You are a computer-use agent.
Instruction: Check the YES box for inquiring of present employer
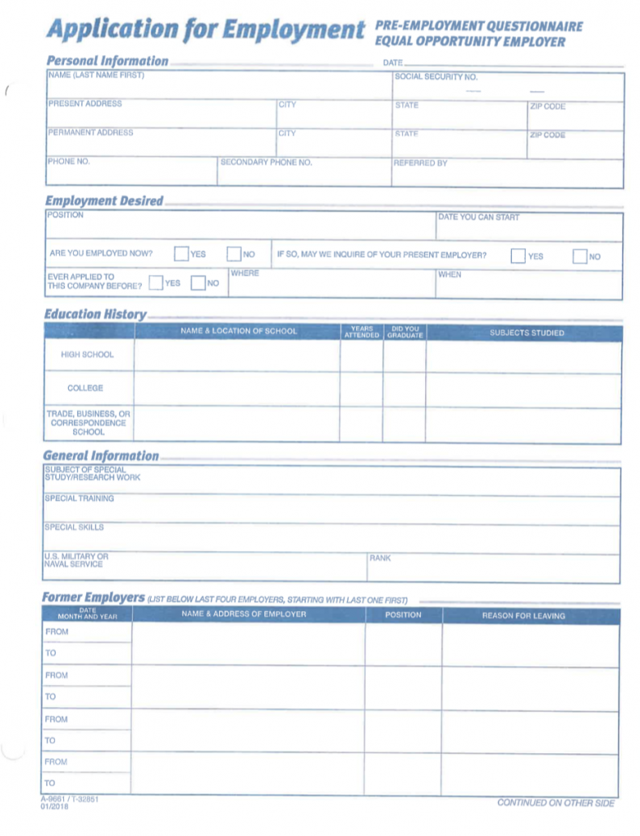[518, 256]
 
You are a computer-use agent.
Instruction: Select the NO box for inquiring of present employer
[579, 256]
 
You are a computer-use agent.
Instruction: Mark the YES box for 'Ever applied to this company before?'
[156, 283]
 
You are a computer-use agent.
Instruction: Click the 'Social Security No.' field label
[436, 76]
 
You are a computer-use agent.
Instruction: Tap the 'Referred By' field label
[420, 163]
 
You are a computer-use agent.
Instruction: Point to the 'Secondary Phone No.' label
[266, 162]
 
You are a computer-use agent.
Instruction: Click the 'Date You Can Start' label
[479, 218]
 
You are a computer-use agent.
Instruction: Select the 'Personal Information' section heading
[107, 61]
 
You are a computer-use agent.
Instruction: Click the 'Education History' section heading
[95, 314]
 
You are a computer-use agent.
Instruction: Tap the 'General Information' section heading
[101, 456]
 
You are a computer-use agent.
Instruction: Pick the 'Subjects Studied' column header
[526, 333]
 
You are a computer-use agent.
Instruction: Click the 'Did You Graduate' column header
[405, 332]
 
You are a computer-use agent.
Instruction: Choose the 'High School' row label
[88, 355]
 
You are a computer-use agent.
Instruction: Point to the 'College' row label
[85, 388]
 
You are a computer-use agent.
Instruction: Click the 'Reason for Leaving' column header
[523, 615]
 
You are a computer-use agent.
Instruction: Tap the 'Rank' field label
[380, 558]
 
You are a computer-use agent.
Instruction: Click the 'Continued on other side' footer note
[556, 803]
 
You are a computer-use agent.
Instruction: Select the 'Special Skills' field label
[75, 528]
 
